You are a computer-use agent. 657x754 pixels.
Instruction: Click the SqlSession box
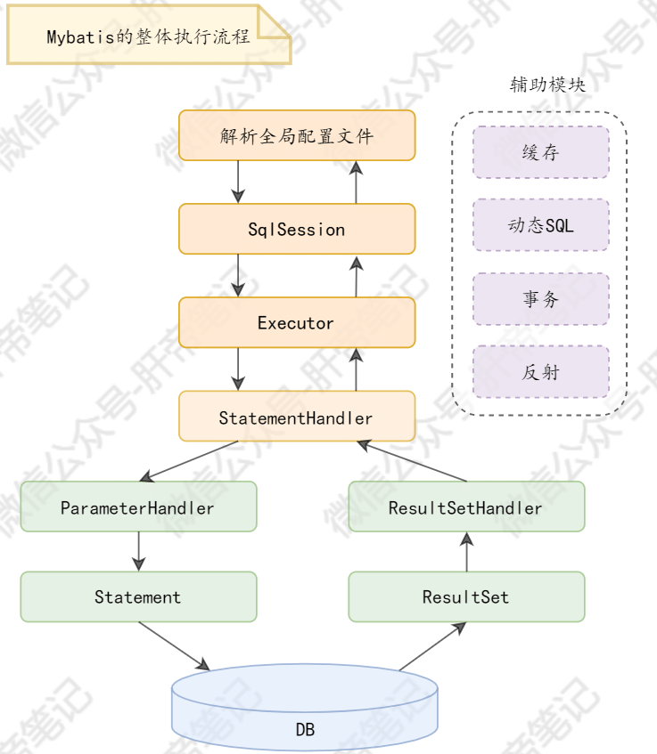pyautogui.click(x=297, y=229)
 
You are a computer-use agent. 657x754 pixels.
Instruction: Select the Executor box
pyautogui.click(x=297, y=322)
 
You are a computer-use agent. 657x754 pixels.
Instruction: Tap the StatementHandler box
pyautogui.click(x=297, y=417)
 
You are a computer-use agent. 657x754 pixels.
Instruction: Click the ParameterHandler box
pyautogui.click(x=138, y=507)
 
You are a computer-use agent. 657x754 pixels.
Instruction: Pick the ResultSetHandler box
pyautogui.click(x=466, y=507)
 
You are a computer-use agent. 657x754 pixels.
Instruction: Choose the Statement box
pyautogui.click(x=138, y=596)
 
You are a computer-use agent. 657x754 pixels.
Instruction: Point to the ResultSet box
pyautogui.click(x=466, y=596)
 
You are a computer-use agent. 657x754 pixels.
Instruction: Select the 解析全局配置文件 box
pyautogui.click(x=297, y=135)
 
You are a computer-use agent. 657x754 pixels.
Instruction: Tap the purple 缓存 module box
pyautogui.click(x=540, y=152)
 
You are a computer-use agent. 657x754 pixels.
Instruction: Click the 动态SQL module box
pyautogui.click(x=540, y=225)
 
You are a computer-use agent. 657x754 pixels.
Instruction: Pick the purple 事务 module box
pyautogui.click(x=540, y=299)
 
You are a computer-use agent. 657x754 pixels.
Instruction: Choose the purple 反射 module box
pyautogui.click(x=540, y=372)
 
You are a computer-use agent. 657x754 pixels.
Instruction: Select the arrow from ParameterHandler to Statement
pyautogui.click(x=138, y=551)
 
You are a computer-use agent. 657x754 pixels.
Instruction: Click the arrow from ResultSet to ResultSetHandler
pyautogui.click(x=466, y=551)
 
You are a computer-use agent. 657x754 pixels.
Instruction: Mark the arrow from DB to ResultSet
pyautogui.click(x=432, y=645)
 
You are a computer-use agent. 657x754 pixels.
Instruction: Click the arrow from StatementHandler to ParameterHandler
pyautogui.click(x=187, y=461)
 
